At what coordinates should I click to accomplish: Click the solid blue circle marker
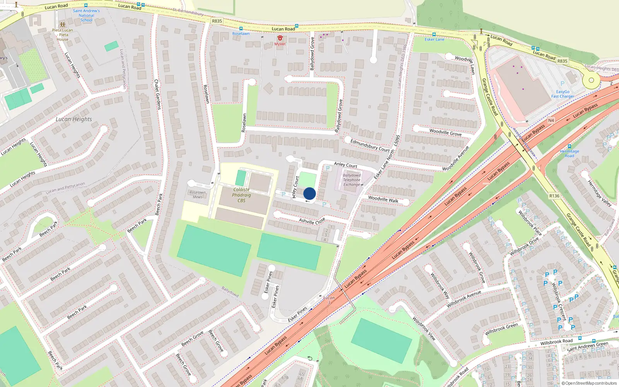coord(309,193)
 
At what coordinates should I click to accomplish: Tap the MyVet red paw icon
coord(280,38)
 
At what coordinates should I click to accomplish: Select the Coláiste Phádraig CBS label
coord(241,195)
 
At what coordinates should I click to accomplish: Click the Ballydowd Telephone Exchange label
coord(351,180)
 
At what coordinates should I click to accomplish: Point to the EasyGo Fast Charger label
coord(563,94)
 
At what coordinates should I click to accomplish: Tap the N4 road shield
coord(551,120)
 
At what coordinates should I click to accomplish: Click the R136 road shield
coord(554,196)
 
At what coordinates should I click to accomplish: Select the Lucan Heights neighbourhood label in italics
coord(74,119)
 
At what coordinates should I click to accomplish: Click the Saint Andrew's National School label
coord(86,15)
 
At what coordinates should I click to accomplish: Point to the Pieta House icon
coord(62,25)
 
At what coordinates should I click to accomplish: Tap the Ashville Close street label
coord(312,221)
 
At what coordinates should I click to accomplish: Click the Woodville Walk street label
coord(383,199)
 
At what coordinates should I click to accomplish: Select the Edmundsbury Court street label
coord(370,146)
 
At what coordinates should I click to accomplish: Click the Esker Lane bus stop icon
coord(434,34)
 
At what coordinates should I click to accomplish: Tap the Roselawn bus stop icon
coord(241,29)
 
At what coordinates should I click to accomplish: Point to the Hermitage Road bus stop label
coord(569,154)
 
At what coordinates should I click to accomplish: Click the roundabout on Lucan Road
coord(591,80)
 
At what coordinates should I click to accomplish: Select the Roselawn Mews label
coord(198,195)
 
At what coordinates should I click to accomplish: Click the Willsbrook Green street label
coord(501,329)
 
